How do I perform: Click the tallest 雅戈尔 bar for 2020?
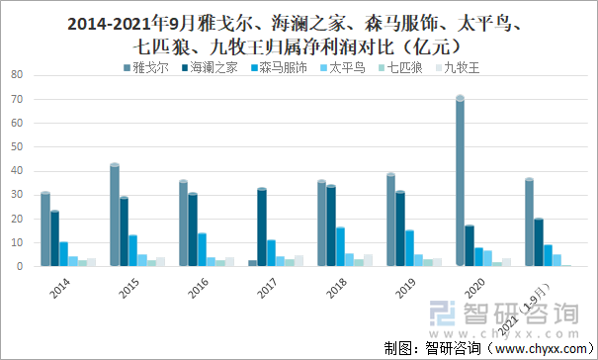pyautogui.click(x=460, y=182)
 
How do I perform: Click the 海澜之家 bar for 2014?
pyautogui.click(x=55, y=238)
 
